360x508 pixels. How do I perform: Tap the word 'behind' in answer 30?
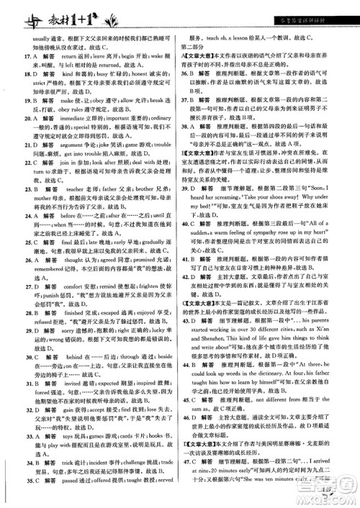75,376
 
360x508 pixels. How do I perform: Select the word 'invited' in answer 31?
75,405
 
